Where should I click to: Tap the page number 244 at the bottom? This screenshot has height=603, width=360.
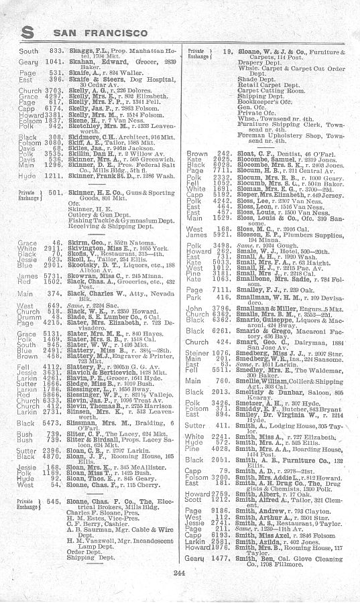pyautogui.click(x=178, y=570)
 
